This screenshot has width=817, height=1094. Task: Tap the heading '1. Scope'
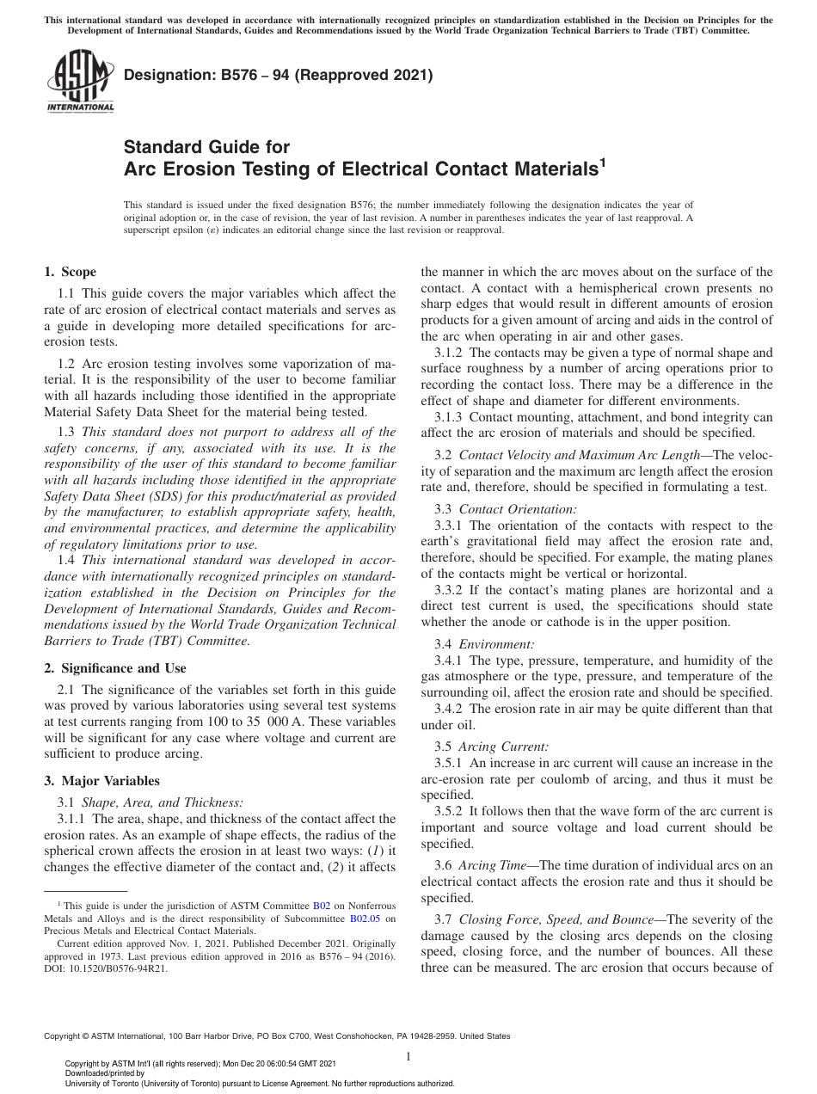(70, 273)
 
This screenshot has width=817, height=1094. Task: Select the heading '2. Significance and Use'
(115, 667)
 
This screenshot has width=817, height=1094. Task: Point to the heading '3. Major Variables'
(101, 781)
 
